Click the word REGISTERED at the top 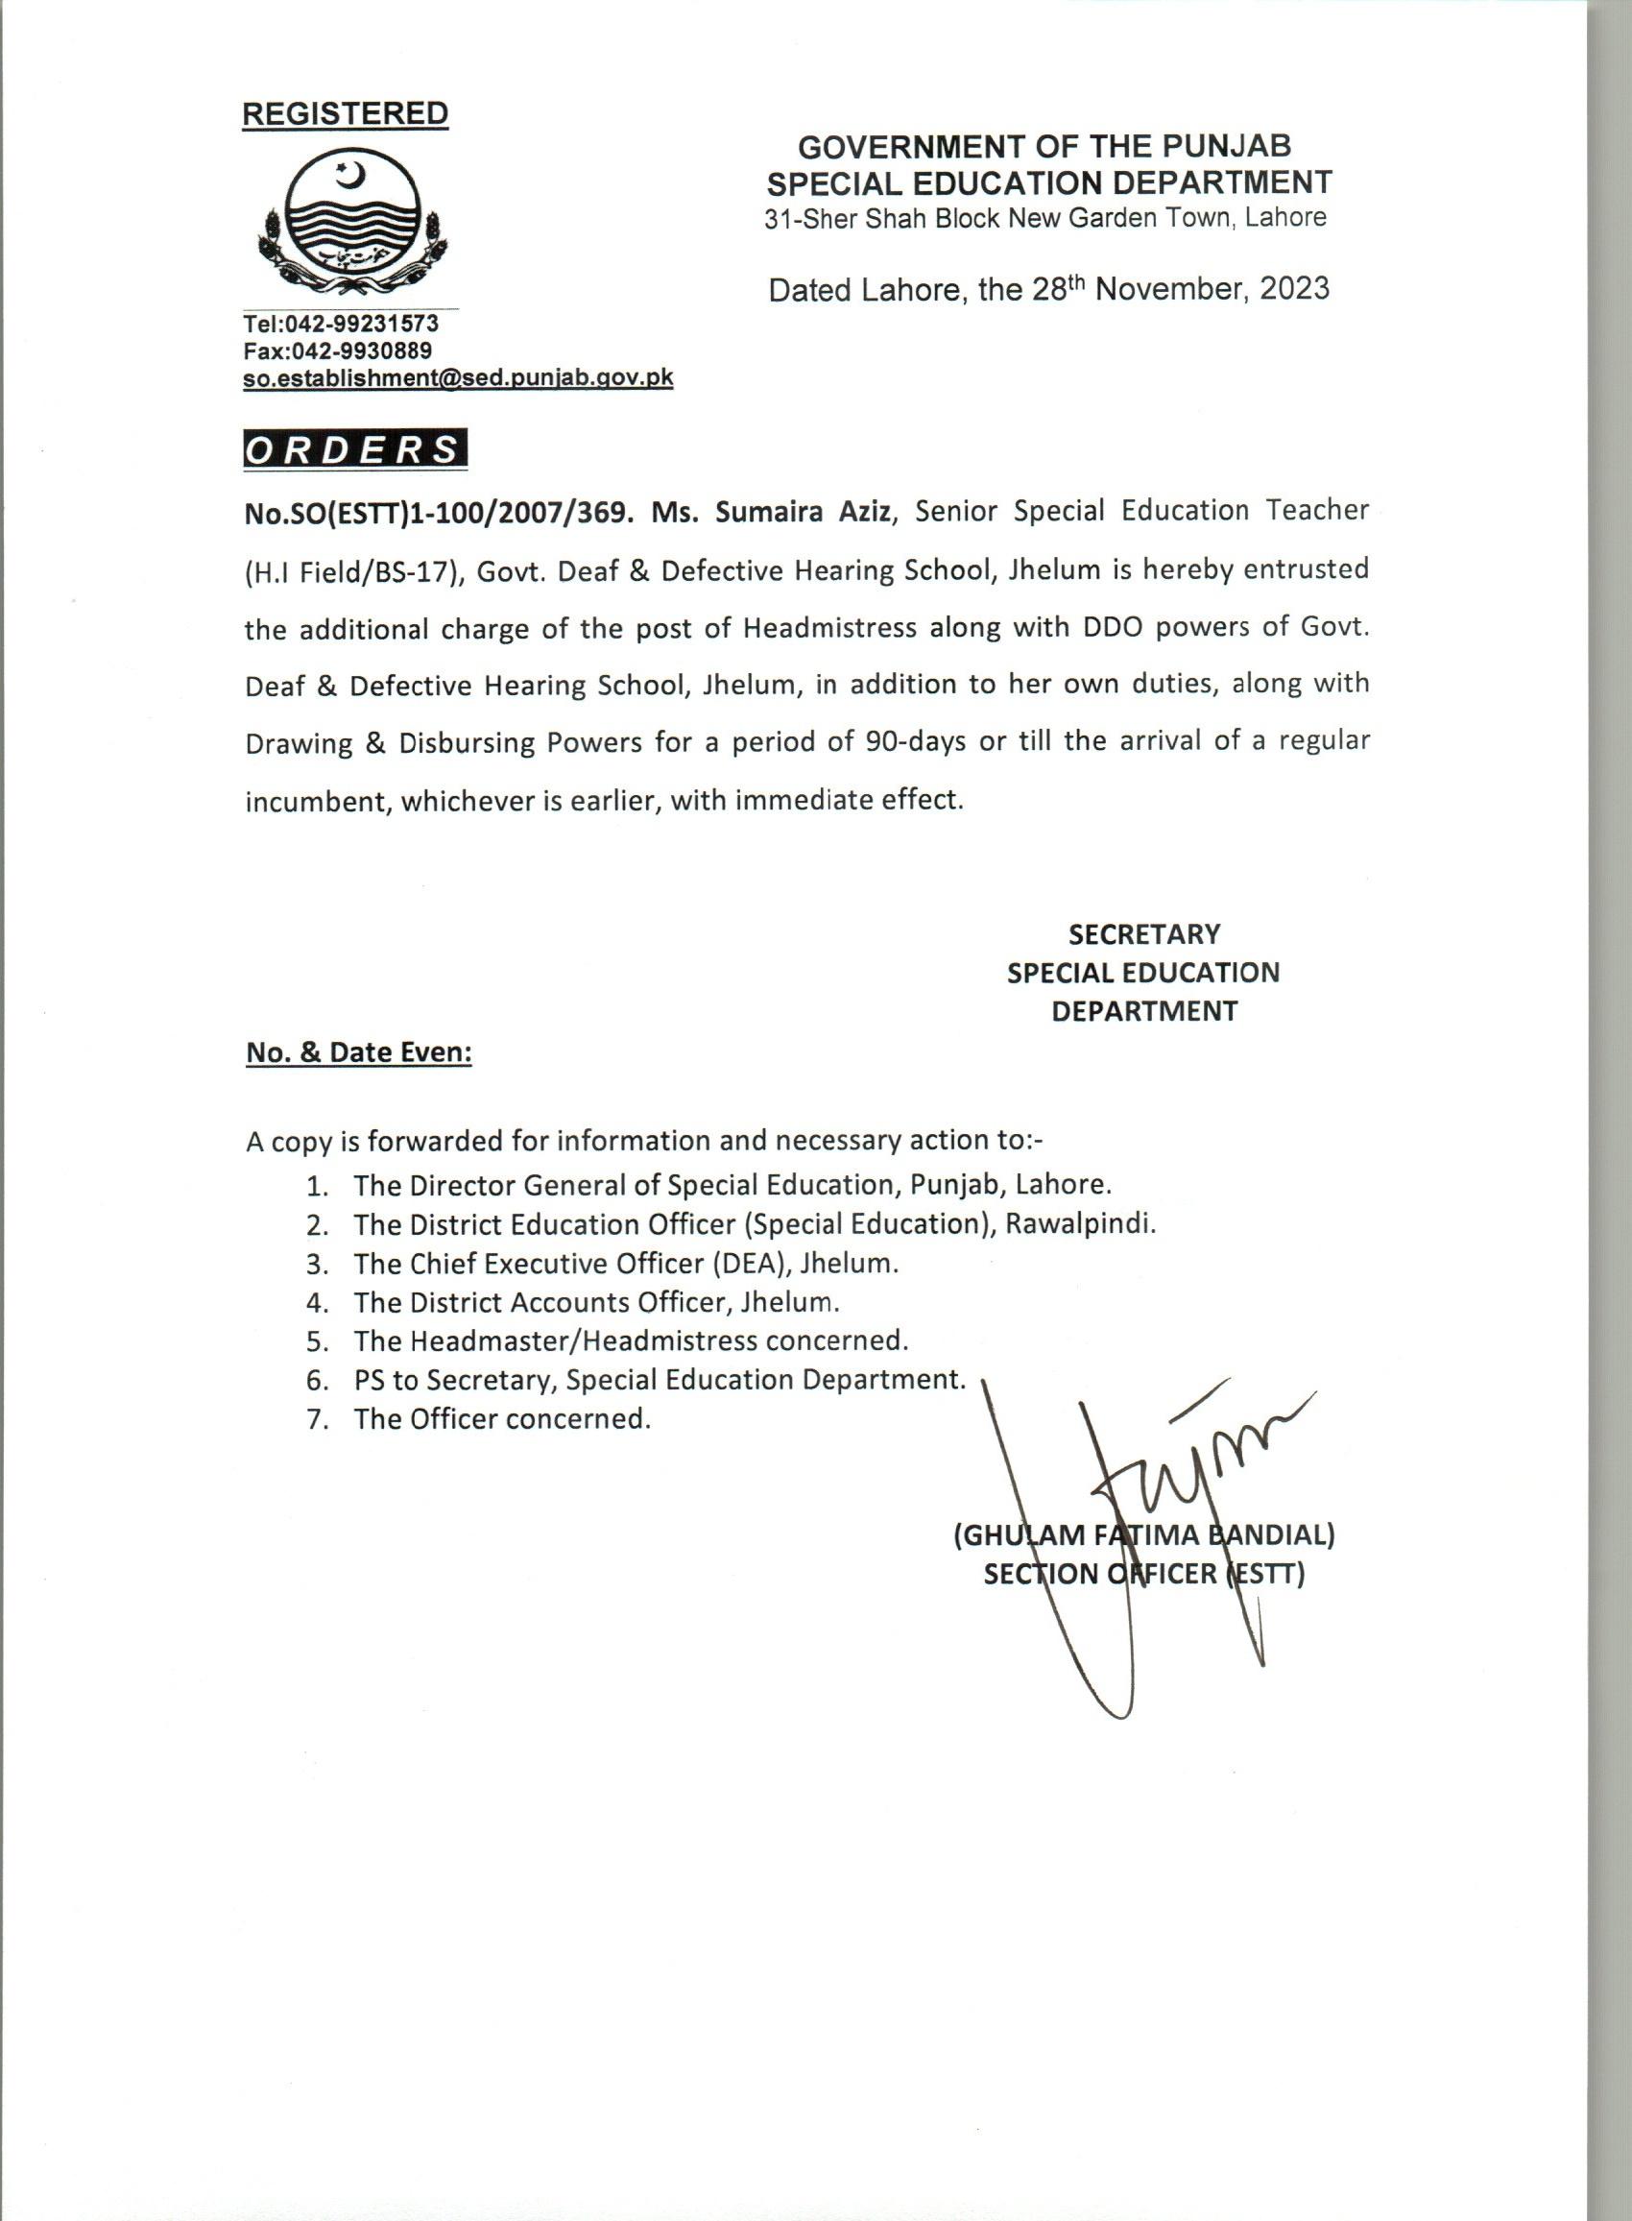point(345,113)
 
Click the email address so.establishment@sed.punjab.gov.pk point(458,377)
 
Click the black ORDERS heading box point(354,449)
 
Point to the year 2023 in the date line point(1293,288)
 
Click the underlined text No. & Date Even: point(359,1053)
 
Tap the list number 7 point(316,1420)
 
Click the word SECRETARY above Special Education point(1144,933)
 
